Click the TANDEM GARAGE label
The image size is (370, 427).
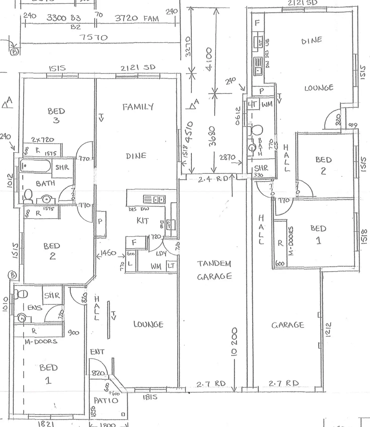coord(214,270)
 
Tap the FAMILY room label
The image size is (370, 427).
coord(138,107)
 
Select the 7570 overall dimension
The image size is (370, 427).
coord(94,38)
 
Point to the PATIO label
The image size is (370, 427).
coord(106,401)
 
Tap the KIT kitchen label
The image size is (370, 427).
coord(143,221)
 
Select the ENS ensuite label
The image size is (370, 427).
coord(35,307)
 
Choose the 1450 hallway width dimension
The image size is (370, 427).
coord(108,253)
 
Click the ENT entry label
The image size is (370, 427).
coord(97,352)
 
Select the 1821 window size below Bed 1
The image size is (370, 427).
coord(46,424)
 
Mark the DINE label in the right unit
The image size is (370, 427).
coord(312,41)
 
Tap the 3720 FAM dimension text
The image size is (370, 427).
coord(137,18)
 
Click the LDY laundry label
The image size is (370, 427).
coord(161,254)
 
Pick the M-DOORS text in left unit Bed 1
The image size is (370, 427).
coord(41,341)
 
